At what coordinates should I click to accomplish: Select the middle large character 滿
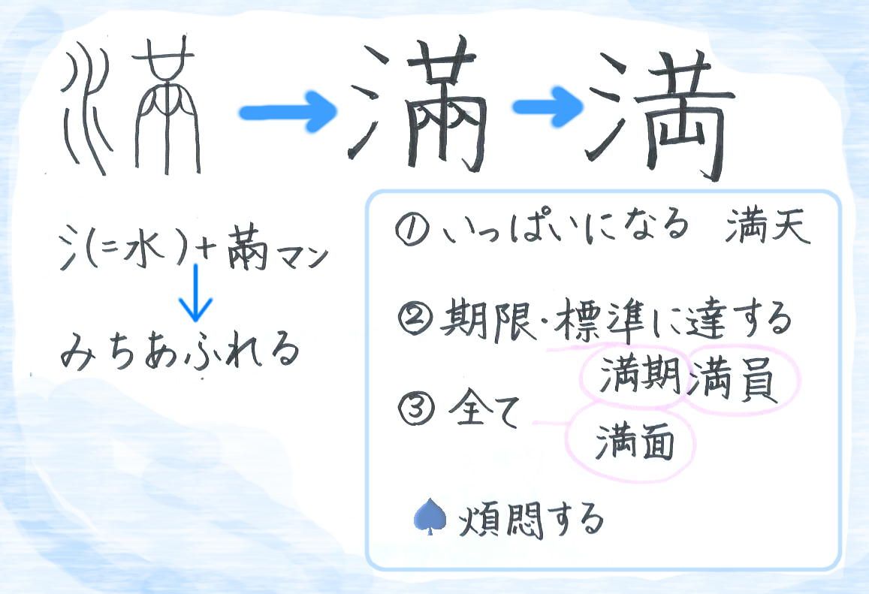pos(417,105)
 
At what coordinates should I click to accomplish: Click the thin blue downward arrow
pos(195,293)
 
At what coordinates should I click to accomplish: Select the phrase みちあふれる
pos(180,351)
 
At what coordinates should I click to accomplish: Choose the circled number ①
pos(411,230)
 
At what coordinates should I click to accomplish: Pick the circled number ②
pos(415,320)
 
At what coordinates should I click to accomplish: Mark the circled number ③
pos(415,411)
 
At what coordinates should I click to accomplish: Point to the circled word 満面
pos(635,442)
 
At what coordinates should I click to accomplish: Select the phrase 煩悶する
pos(531,520)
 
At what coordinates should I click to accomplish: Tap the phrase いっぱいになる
pos(566,228)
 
